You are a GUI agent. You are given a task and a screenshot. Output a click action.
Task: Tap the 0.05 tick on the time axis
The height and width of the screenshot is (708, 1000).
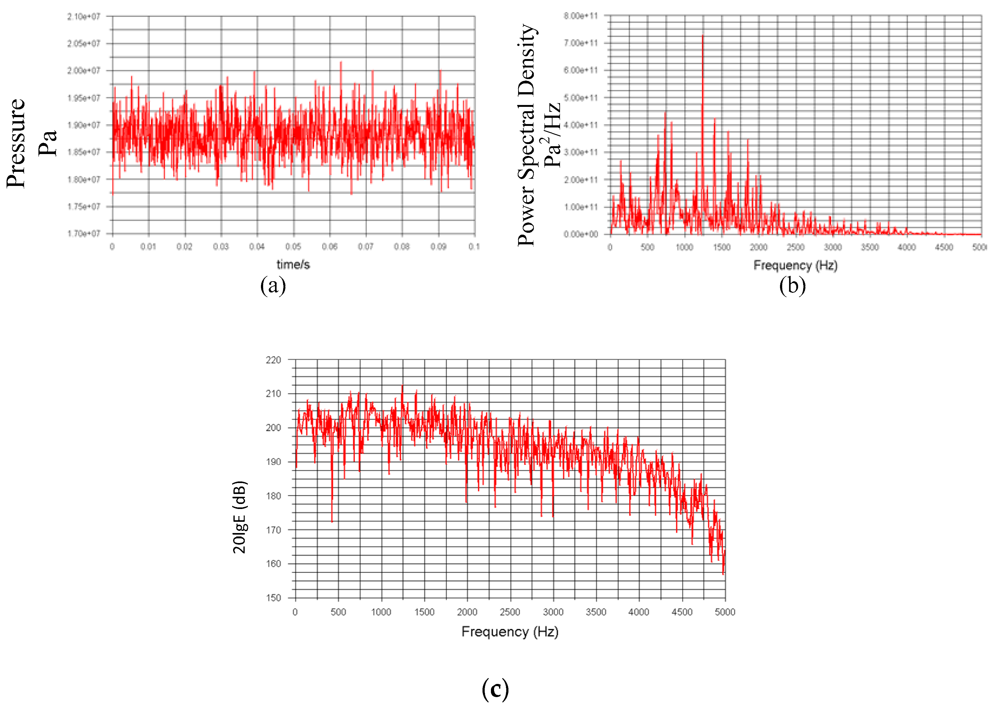click(x=293, y=247)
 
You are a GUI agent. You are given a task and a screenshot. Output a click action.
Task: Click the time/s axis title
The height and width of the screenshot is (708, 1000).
click(x=293, y=264)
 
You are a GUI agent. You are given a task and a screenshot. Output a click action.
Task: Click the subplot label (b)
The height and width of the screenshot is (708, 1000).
click(x=792, y=286)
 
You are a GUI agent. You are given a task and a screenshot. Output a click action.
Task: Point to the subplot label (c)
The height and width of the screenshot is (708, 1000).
click(x=495, y=689)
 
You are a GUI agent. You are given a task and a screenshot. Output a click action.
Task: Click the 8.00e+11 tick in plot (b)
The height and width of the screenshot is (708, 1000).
click(x=580, y=16)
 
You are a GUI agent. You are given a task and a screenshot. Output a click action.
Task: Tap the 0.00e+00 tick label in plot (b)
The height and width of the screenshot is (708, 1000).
click(x=580, y=235)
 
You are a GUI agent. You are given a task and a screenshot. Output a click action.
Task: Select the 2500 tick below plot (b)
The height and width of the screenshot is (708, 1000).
click(x=796, y=247)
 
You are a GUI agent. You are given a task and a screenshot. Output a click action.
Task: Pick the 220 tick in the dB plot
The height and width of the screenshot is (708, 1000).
click(x=273, y=360)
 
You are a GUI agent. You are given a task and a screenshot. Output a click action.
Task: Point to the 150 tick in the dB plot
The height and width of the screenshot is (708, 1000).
click(x=273, y=598)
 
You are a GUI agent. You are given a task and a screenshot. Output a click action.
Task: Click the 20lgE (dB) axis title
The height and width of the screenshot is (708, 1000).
click(x=239, y=517)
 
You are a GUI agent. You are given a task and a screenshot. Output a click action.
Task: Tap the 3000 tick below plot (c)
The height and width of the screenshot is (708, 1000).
click(x=553, y=612)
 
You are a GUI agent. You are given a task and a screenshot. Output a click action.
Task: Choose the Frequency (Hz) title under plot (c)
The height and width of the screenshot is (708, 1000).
click(x=510, y=632)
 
